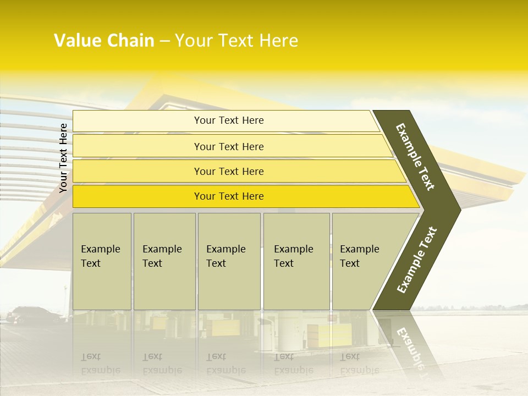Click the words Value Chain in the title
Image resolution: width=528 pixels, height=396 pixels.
tap(104, 41)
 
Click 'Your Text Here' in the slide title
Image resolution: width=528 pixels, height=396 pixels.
tap(237, 41)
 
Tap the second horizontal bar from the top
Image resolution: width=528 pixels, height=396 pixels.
tap(228, 146)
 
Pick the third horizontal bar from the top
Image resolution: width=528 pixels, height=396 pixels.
tap(228, 171)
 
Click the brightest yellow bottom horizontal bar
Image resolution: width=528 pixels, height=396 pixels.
tap(228, 196)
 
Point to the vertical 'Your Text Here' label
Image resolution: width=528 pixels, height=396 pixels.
tap(63, 158)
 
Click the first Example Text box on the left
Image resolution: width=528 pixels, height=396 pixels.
tap(102, 261)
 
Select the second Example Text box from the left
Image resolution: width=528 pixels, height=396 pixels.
tap(164, 261)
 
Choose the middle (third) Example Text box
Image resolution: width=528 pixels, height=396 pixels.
tap(228, 261)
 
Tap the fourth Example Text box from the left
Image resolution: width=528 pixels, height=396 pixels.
tap(296, 261)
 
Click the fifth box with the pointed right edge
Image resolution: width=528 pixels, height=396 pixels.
tap(366, 261)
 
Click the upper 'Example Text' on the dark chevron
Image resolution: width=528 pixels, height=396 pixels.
tap(416, 157)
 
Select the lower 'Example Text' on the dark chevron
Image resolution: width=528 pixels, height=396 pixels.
tap(417, 260)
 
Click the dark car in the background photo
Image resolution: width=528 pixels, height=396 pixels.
tap(33, 316)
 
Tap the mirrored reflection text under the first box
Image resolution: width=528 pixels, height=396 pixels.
tap(101, 364)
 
